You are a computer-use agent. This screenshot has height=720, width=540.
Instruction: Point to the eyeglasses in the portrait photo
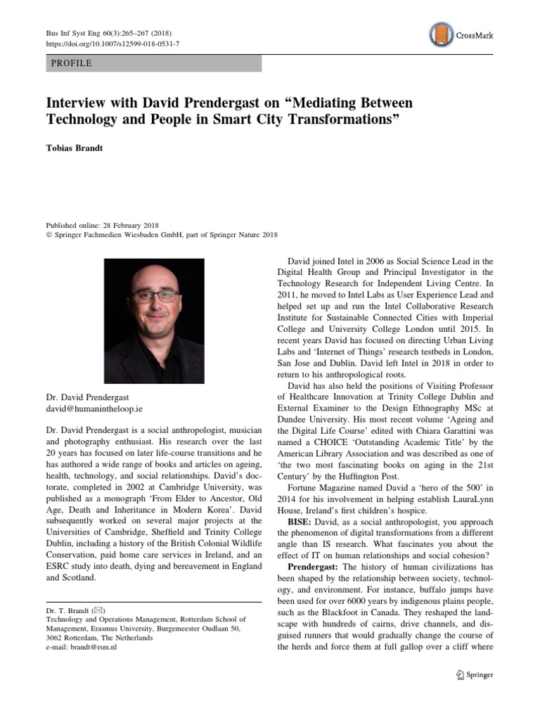point(155,296)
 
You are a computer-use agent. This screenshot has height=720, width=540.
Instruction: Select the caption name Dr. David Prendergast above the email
point(88,397)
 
